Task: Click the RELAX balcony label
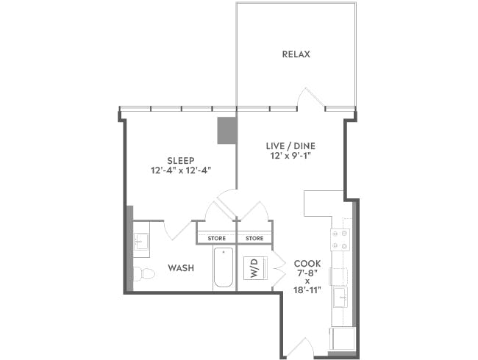point(296,54)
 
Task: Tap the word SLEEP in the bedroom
point(180,159)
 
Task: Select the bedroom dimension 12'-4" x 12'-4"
point(180,170)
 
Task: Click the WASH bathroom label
point(181,268)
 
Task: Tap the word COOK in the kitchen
point(307,263)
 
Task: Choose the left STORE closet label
point(216,238)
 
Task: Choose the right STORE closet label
point(254,238)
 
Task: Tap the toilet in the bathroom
point(146,274)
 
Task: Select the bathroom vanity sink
point(141,242)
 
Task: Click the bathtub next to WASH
point(224,267)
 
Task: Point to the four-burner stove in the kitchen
point(340,238)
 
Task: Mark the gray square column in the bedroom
point(226,130)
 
